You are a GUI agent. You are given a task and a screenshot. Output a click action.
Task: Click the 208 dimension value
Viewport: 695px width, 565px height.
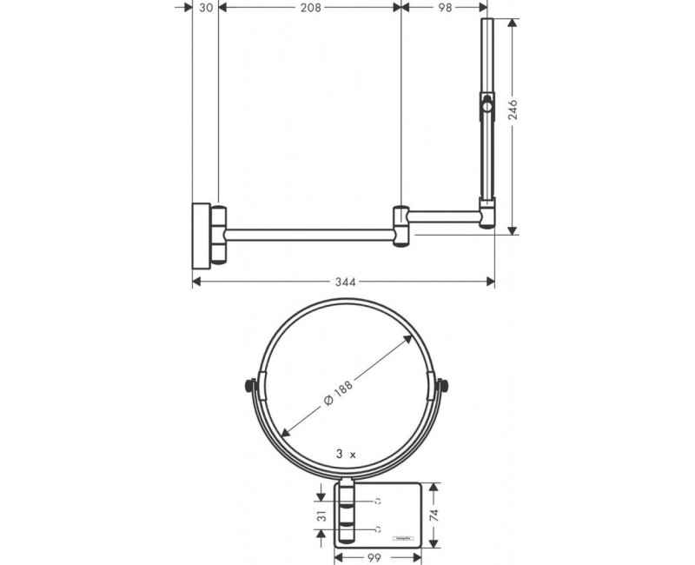point(309,8)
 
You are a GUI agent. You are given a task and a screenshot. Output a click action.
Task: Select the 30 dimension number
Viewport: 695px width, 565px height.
point(206,8)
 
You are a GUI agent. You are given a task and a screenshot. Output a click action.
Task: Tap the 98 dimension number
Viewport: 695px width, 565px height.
point(446,8)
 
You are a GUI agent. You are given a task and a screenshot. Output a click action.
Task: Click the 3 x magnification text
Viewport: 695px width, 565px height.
point(346,453)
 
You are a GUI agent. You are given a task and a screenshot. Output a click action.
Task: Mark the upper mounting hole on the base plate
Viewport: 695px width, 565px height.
point(379,502)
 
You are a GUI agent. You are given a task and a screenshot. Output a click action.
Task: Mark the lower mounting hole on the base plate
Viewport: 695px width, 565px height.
point(379,528)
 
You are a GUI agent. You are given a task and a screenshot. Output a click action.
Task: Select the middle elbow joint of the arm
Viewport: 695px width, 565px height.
point(400,225)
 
